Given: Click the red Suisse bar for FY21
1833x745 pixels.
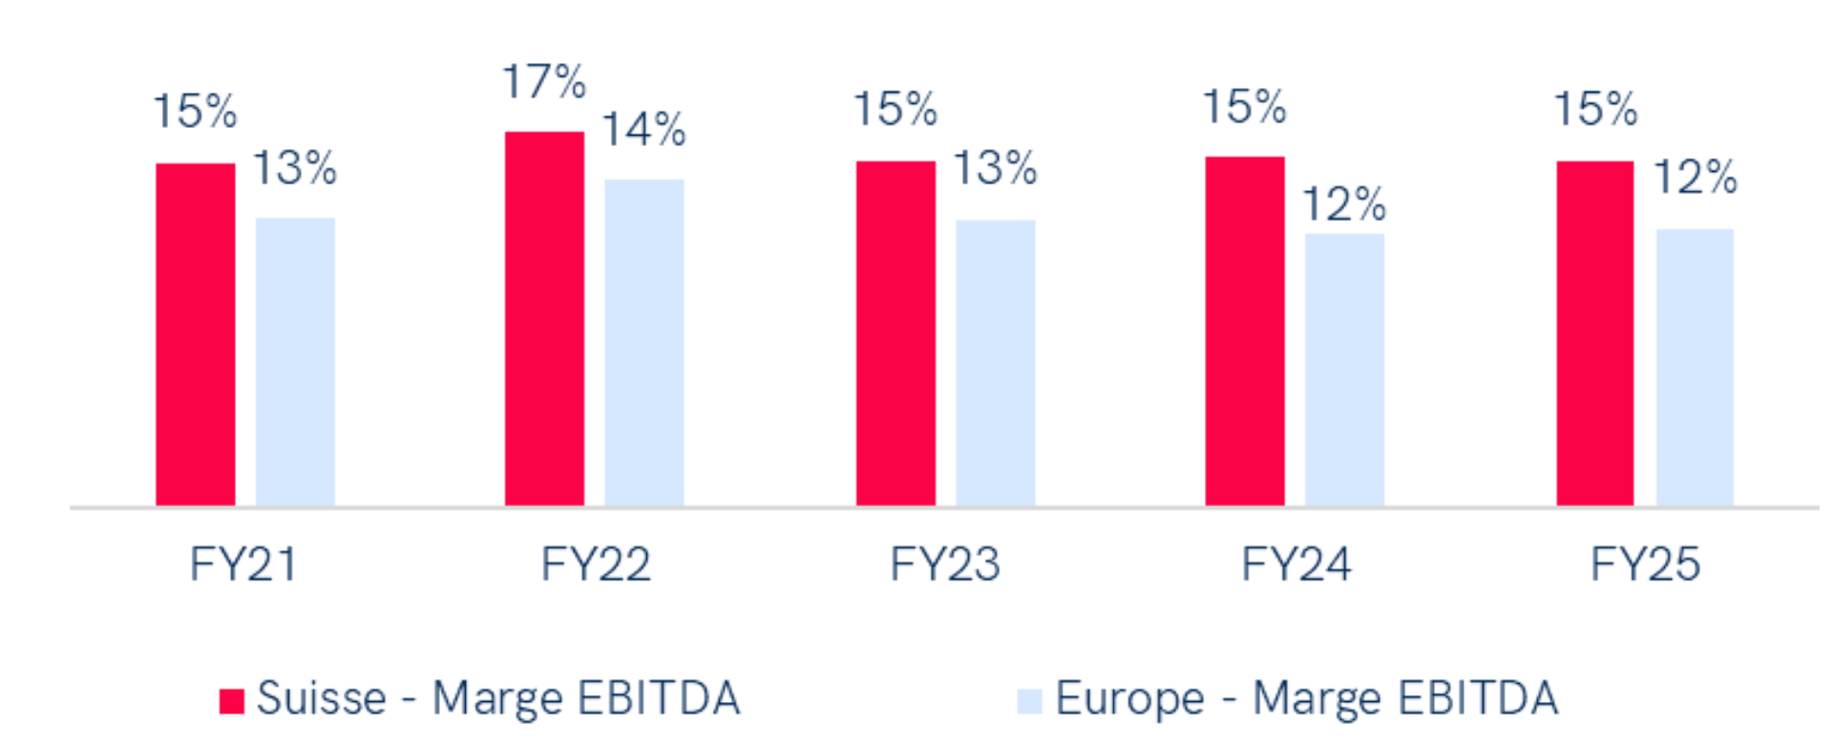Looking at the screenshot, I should pos(196,334).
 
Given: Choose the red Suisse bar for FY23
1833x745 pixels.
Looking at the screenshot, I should pos(895,333).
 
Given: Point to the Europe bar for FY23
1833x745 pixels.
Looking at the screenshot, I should pos(995,363).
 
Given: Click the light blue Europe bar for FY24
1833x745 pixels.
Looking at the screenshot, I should pos(1344,370).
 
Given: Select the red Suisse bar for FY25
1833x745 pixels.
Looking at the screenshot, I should pos(1595,333).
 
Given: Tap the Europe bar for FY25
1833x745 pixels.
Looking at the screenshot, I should pos(1695,367).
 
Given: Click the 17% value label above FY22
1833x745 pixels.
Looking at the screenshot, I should pos(544,82).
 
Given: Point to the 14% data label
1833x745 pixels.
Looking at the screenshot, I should pos(643,130).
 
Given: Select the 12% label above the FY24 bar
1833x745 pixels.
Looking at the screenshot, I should pos(1344,204).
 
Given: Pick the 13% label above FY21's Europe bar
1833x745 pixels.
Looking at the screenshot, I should pos(295,169).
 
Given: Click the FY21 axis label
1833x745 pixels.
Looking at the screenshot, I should pos(243,564).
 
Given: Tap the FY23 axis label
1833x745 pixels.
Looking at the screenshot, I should pos(945,564).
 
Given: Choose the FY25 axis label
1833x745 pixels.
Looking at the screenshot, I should pos(1645,564).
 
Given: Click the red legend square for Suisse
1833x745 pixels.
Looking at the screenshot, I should pos(232,701).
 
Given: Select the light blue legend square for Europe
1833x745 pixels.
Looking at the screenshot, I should pos(1029,701).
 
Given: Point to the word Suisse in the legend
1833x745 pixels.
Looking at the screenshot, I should pos(322,698).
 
